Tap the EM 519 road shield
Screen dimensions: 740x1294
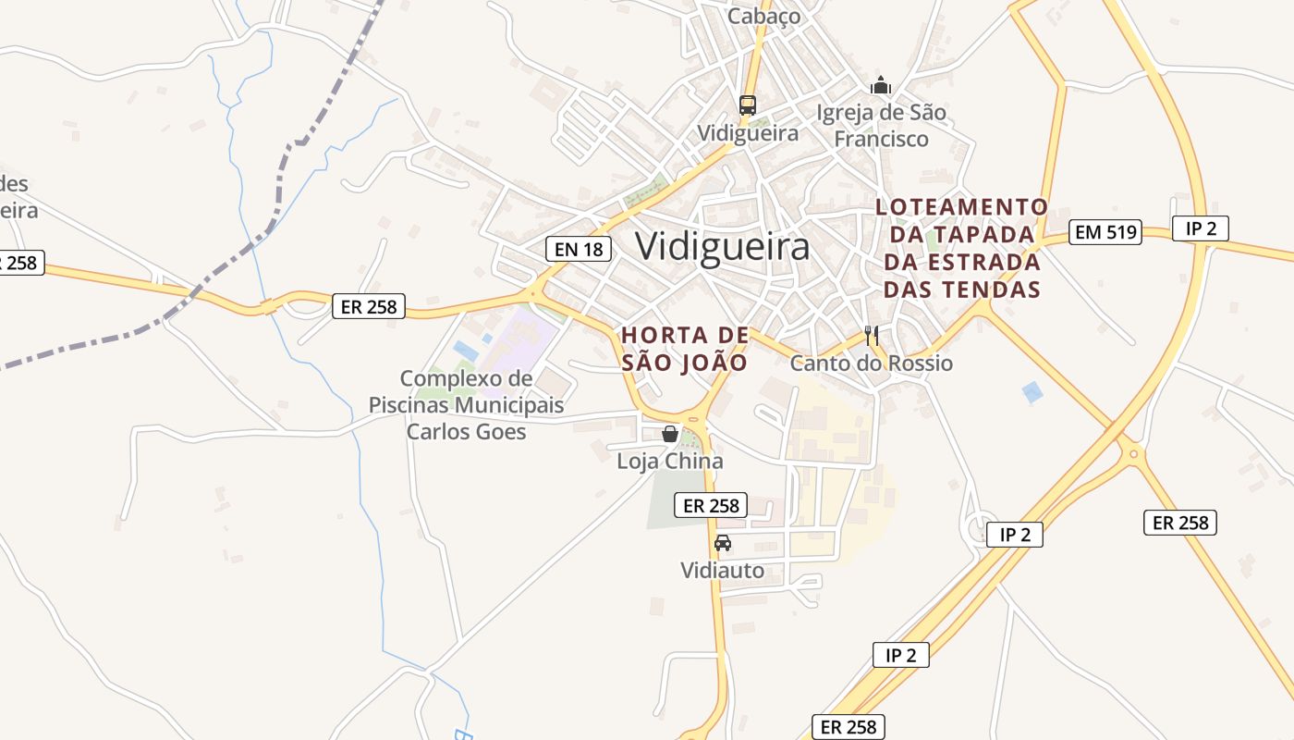tap(1105, 231)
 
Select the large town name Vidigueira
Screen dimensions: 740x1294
tap(723, 247)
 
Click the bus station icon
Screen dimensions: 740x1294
tap(748, 105)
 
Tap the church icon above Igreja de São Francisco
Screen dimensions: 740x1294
tap(881, 86)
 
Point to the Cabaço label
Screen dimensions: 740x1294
tap(763, 16)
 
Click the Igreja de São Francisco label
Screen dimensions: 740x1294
tap(881, 126)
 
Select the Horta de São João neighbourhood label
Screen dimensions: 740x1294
tap(684, 349)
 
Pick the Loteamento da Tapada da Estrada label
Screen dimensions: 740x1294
tap(961, 248)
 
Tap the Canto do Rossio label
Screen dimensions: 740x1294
tap(871, 363)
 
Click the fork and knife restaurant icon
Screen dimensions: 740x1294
tap(871, 335)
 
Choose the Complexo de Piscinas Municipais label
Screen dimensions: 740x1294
tap(467, 405)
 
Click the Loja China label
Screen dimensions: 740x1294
tap(670, 461)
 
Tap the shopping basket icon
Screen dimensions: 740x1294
tap(670, 434)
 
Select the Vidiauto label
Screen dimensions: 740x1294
tap(723, 570)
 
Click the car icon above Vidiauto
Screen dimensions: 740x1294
tap(723, 543)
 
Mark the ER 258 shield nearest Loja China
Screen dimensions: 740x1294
tap(710, 505)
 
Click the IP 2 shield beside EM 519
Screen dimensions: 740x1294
tap(1200, 228)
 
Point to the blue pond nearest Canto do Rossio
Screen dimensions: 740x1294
tap(1032, 392)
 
